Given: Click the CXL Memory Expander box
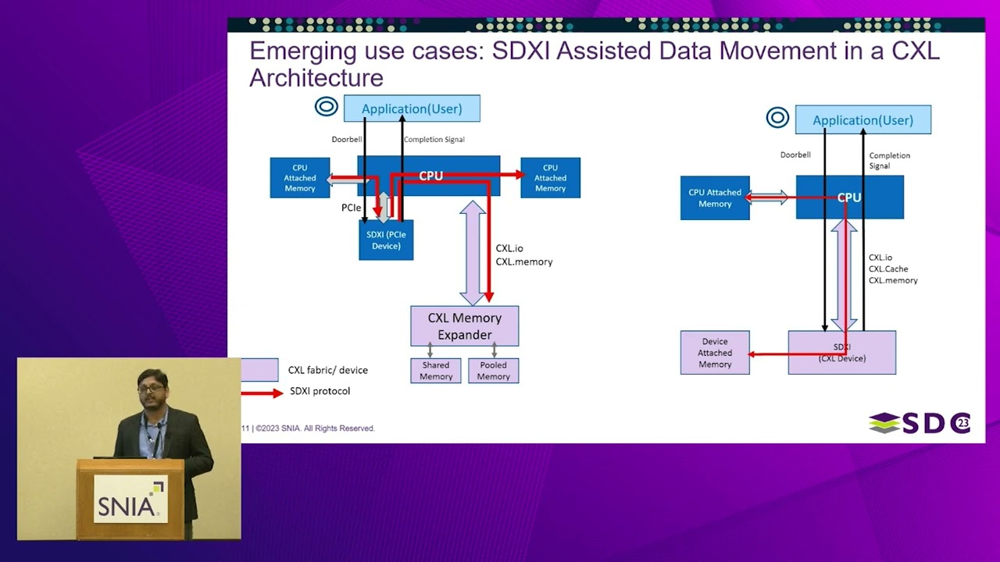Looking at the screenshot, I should [x=464, y=326].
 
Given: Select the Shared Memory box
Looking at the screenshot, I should [x=436, y=371].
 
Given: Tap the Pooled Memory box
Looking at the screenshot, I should [x=493, y=371].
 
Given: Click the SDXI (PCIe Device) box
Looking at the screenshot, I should [x=386, y=240].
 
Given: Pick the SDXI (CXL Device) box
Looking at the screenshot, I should [x=841, y=353].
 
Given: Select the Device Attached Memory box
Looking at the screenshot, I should [x=715, y=353].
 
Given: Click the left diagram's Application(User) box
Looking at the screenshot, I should [x=412, y=108].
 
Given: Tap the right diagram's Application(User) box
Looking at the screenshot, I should [x=862, y=120].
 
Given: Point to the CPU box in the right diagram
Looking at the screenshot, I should [x=849, y=197].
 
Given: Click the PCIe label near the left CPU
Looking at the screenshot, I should [x=351, y=208].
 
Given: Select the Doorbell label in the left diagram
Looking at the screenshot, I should [x=347, y=140].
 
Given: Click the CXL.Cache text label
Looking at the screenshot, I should [x=888, y=269].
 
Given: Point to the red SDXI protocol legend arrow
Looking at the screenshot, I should [x=262, y=393].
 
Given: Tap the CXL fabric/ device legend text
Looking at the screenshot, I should [x=327, y=370].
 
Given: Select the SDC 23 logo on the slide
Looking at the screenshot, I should [x=920, y=423].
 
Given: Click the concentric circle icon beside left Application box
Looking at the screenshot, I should [x=326, y=107].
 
